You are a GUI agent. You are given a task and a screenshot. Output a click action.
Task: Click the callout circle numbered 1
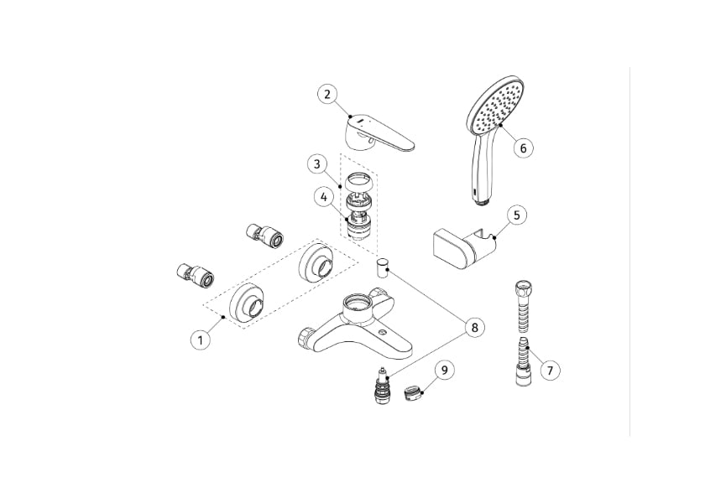click(x=200, y=340)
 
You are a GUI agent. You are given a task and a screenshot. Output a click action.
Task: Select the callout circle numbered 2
click(x=328, y=94)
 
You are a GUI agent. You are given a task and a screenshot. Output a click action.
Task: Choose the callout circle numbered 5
click(x=516, y=215)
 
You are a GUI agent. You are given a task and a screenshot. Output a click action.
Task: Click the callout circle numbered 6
click(x=522, y=148)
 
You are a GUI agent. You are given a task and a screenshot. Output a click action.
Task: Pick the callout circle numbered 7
click(x=550, y=369)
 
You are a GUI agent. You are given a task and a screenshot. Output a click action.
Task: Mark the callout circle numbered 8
click(x=474, y=328)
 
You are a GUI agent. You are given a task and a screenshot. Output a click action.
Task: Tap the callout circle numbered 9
click(x=445, y=369)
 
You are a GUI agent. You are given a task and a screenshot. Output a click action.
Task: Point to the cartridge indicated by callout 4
click(x=360, y=225)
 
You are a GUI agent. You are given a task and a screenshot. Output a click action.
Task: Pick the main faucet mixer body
click(x=357, y=327)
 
